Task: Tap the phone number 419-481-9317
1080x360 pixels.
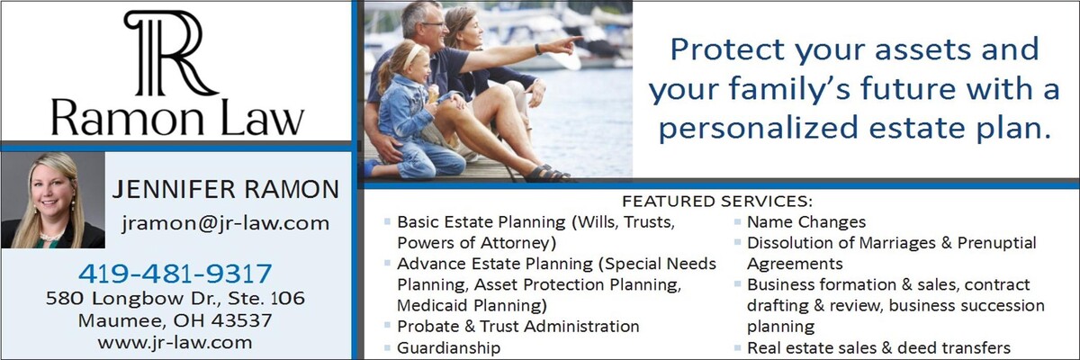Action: tap(175, 274)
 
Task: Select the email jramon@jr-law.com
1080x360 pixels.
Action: tap(225, 223)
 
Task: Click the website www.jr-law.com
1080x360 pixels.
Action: tap(175, 343)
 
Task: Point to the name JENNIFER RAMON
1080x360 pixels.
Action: tap(226, 189)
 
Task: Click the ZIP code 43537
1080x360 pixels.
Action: tap(241, 320)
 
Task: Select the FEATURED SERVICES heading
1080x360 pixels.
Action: tap(717, 201)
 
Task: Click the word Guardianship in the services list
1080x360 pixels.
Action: tap(448, 347)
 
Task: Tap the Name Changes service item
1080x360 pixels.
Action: tap(806, 221)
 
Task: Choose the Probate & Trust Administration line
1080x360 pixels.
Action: tap(517, 327)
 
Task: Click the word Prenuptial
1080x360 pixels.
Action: tap(996, 243)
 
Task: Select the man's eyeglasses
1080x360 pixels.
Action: tap(433, 24)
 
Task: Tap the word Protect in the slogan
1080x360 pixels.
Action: tap(727, 49)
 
